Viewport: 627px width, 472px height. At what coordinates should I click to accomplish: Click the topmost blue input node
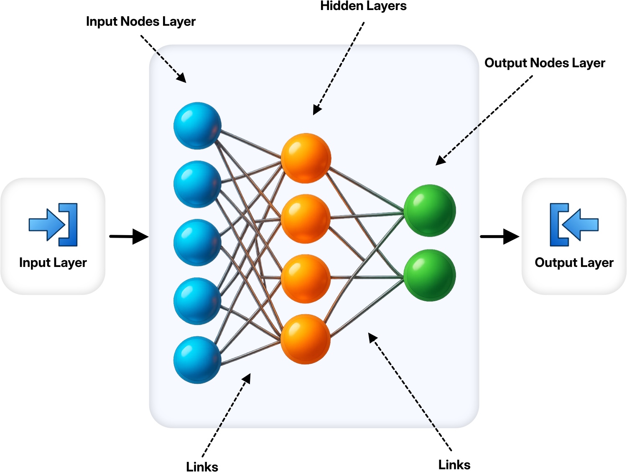pyautogui.click(x=197, y=126)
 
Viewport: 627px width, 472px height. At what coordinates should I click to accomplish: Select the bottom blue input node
pyautogui.click(x=197, y=360)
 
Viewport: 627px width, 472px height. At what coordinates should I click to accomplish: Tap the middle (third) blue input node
pyautogui.click(x=197, y=243)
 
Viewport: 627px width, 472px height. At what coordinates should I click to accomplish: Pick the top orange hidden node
pyautogui.click(x=306, y=158)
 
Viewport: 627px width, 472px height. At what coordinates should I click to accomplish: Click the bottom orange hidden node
pyautogui.click(x=306, y=339)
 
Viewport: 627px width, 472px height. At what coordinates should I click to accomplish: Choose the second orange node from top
pyautogui.click(x=306, y=219)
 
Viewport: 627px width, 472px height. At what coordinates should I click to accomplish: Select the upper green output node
pyautogui.click(x=429, y=211)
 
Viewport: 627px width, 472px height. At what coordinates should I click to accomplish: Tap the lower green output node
pyautogui.click(x=429, y=275)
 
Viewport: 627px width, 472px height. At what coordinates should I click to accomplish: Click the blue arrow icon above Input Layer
pyautogui.click(x=53, y=224)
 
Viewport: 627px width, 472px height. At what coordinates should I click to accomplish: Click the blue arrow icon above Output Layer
pyautogui.click(x=573, y=224)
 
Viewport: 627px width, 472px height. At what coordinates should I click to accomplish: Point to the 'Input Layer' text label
pyautogui.click(x=53, y=263)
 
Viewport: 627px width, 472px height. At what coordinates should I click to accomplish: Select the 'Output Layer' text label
pyautogui.click(x=574, y=263)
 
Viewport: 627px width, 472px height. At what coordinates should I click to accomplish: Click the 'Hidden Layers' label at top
pyautogui.click(x=363, y=6)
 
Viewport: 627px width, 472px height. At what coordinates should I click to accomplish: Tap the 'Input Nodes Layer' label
pyautogui.click(x=140, y=21)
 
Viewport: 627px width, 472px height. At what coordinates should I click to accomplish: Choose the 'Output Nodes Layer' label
pyautogui.click(x=545, y=63)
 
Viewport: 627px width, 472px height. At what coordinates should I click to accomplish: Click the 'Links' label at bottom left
pyautogui.click(x=202, y=467)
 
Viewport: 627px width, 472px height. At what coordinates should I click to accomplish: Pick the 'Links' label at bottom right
pyautogui.click(x=454, y=464)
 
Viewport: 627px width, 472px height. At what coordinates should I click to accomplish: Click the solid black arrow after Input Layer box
pyautogui.click(x=129, y=236)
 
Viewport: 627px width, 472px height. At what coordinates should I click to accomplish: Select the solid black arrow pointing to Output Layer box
pyautogui.click(x=500, y=236)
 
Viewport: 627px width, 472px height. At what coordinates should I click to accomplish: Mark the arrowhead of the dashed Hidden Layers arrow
pyautogui.click(x=317, y=110)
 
